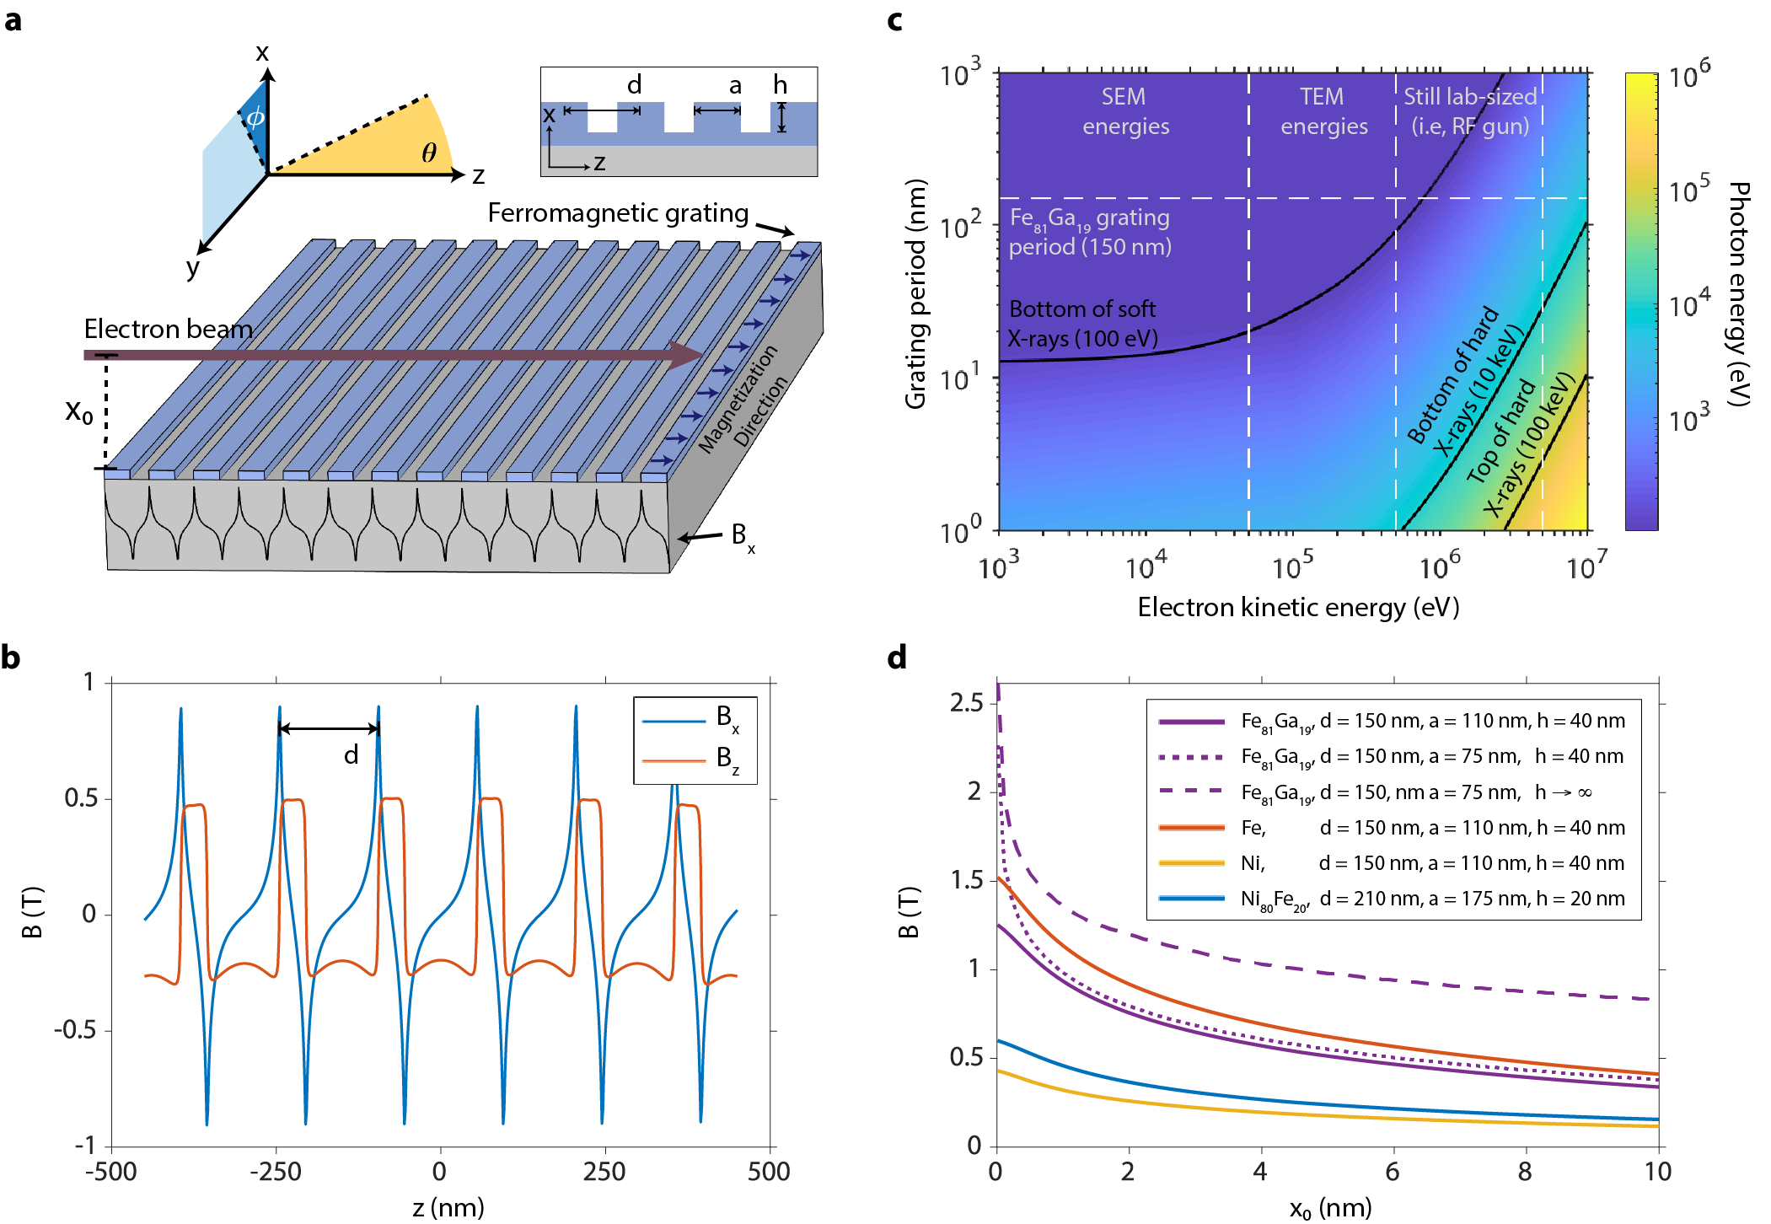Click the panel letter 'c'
(x=895, y=20)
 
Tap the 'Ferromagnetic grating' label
(x=618, y=213)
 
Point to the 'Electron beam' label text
(x=168, y=329)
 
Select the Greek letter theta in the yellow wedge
(x=429, y=153)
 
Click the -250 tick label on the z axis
(x=276, y=1171)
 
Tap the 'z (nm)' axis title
(x=448, y=1207)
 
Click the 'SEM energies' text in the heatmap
(x=1125, y=111)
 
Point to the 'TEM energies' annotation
(x=1323, y=111)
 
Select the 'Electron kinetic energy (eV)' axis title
(x=1298, y=607)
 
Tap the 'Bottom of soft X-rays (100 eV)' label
(x=1082, y=324)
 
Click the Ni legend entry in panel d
(x=1391, y=863)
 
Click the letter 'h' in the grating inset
(x=781, y=85)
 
